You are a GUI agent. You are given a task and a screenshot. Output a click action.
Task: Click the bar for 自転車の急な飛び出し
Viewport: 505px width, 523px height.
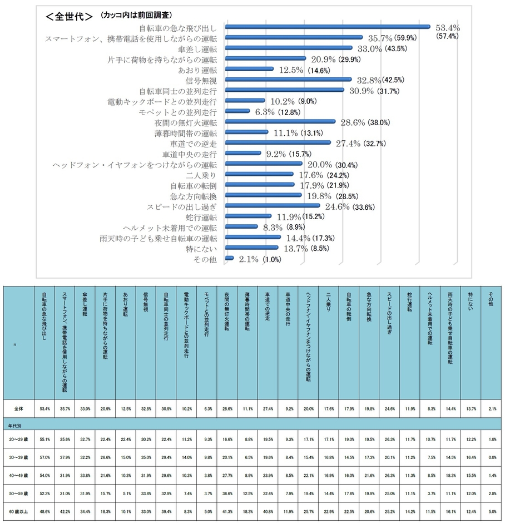point(328,26)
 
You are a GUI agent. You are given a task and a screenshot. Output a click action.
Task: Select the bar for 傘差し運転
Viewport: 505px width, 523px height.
point(289,48)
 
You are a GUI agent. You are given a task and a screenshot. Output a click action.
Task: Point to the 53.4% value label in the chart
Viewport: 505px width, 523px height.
point(448,27)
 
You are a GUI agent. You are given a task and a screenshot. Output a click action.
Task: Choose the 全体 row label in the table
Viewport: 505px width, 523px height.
point(18,408)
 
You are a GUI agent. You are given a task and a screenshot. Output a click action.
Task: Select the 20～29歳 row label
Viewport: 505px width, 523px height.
point(18,439)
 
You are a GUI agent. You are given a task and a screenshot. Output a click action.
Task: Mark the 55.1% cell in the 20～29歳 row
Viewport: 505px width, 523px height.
point(44,439)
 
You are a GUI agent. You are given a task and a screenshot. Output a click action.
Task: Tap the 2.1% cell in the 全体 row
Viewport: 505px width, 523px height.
point(492,408)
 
